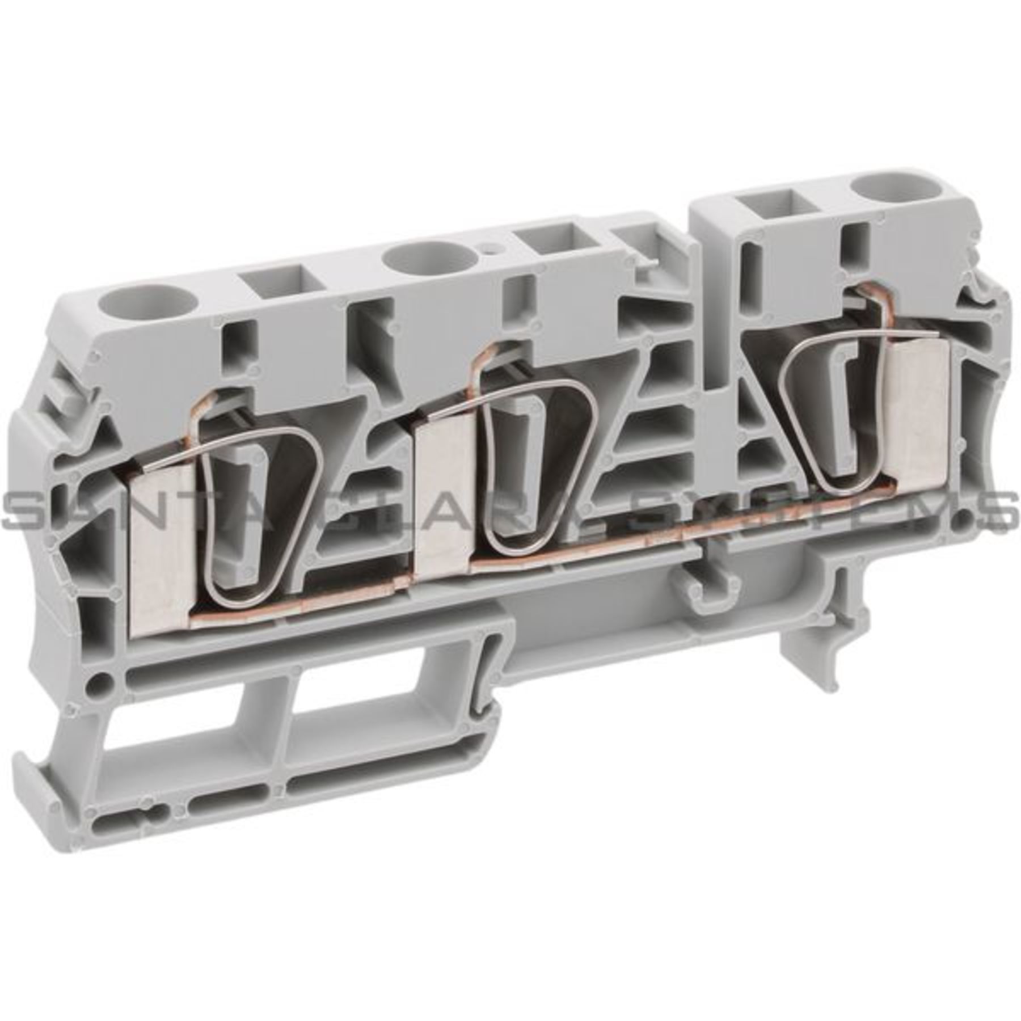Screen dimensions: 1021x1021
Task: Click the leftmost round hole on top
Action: (126, 305)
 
